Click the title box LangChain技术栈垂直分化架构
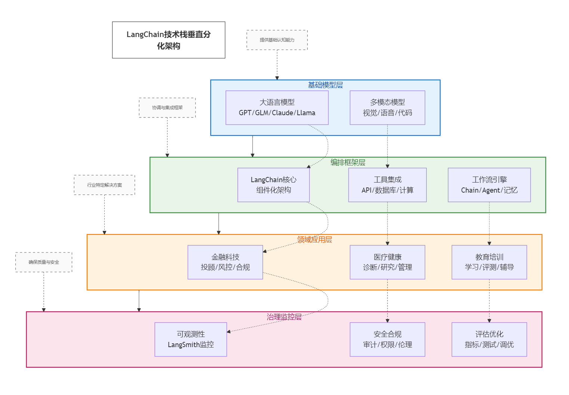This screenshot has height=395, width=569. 168,40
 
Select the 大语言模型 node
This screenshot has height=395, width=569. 277,108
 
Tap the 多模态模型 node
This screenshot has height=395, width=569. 387,108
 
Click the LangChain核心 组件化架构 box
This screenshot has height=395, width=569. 273,185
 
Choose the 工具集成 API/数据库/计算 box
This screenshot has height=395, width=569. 387,185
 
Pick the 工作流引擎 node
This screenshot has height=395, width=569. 489,185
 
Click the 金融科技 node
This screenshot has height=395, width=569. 225,262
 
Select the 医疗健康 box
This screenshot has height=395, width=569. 387,262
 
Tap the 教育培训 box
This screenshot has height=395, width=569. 489,262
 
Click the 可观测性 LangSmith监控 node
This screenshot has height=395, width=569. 191,339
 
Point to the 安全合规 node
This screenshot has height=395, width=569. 387,339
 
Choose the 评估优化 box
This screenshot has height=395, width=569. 489,339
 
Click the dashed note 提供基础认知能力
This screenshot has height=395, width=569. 277,40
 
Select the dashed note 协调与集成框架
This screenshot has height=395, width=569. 167,108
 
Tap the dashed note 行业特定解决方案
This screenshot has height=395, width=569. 104,185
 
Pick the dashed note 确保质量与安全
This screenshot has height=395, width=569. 44,262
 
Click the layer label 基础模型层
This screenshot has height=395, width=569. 325,85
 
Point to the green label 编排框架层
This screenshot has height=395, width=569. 347,162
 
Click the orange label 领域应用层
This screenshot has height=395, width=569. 314,239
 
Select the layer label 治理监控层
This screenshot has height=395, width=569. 284,317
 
